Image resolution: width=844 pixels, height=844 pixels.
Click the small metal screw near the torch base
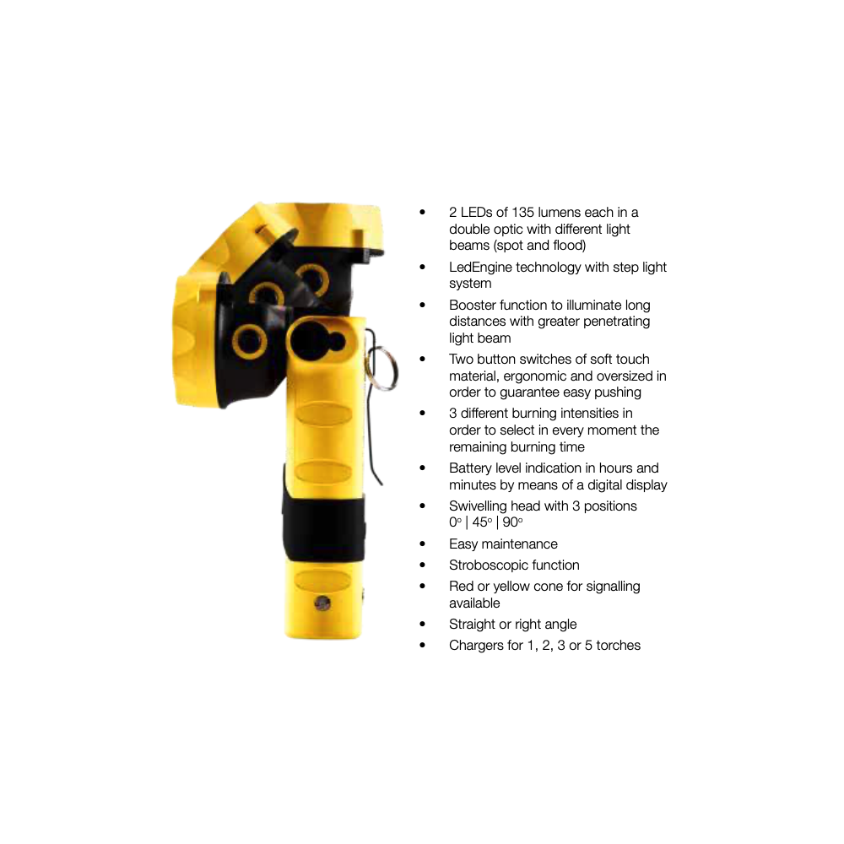point(322,603)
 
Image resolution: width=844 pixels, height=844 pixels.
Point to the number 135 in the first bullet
point(522,212)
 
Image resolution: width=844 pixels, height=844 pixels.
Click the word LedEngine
point(481,267)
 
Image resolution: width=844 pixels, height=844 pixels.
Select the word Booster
point(471,306)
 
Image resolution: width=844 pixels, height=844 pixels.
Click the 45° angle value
point(482,522)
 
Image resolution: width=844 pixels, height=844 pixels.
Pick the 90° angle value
point(513,522)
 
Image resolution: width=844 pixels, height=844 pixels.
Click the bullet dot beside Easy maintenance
point(423,544)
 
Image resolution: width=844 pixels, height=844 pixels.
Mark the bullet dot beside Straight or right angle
point(423,625)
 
